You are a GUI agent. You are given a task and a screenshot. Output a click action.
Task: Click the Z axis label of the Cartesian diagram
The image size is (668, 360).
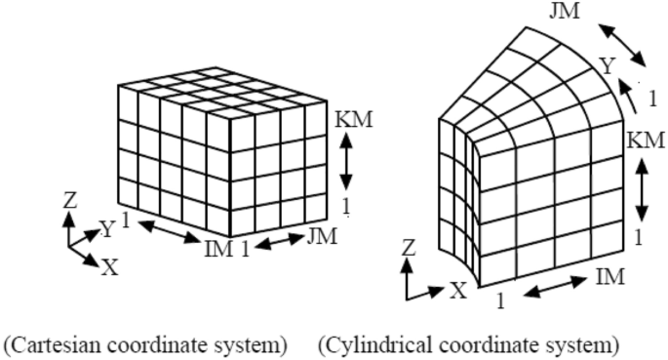[69, 201]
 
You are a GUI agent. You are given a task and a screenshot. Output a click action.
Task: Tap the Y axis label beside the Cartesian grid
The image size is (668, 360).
[107, 230]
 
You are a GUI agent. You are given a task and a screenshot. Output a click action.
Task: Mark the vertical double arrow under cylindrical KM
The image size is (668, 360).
[643, 187]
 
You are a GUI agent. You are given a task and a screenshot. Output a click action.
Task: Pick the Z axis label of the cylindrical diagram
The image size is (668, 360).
[410, 252]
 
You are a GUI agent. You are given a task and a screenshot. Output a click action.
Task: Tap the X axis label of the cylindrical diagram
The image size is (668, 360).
[459, 290]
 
